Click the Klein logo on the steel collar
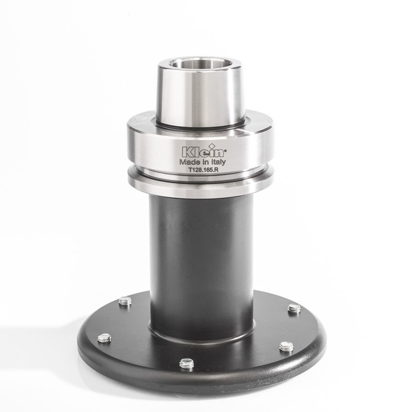click(x=201, y=151)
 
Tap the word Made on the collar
click(x=188, y=162)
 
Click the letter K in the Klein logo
click(x=185, y=151)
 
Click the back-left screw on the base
click(x=125, y=301)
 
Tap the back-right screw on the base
click(x=294, y=308)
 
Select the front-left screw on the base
click(x=104, y=338)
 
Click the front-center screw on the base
click(x=186, y=364)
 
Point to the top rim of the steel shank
click(x=200, y=58)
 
